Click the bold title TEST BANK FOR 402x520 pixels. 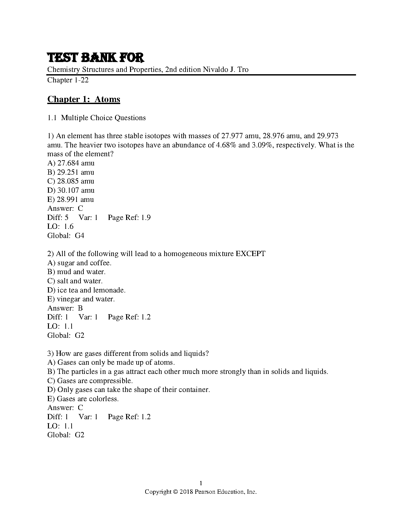(96, 58)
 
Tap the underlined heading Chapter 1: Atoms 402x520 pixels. (84, 99)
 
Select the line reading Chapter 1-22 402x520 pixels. (68, 80)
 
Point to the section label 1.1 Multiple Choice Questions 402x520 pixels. (97, 118)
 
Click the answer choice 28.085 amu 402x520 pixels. (71, 181)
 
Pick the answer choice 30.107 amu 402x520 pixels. (71, 190)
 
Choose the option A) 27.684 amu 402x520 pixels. (71, 163)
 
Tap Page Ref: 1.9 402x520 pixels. (129, 218)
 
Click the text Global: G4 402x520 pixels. (66, 236)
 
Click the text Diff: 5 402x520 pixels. (58, 218)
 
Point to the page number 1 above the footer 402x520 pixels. (201, 483)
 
